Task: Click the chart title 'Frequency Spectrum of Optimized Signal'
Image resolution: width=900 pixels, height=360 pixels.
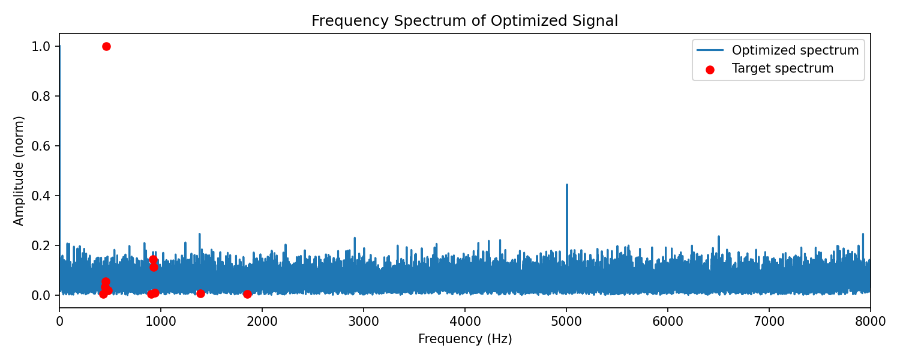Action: [464, 20]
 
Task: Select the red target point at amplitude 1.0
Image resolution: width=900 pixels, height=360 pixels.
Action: [106, 47]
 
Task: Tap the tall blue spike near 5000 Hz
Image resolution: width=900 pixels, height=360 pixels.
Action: [567, 225]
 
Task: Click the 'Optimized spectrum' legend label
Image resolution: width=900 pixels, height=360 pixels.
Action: [795, 50]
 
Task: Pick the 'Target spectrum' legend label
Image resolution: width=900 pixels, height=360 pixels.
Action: [782, 68]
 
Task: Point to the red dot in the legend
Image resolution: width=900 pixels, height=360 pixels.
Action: [710, 70]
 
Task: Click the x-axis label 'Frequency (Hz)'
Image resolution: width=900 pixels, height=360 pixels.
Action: [465, 339]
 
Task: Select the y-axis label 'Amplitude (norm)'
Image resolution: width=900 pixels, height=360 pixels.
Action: [19, 171]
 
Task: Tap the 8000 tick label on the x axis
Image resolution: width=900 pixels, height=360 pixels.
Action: [870, 322]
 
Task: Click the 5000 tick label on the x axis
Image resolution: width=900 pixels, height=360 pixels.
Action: [566, 322]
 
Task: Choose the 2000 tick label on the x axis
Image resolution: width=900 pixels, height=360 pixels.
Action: [262, 322]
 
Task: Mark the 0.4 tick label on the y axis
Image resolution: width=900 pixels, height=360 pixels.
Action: [41, 196]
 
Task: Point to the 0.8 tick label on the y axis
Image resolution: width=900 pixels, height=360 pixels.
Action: [41, 96]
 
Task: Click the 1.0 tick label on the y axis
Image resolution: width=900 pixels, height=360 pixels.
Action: [41, 47]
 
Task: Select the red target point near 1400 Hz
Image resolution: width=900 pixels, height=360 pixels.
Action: [200, 294]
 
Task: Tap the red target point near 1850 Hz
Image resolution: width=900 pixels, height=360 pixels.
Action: [247, 294]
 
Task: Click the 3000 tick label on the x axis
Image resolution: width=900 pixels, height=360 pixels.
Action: [364, 322]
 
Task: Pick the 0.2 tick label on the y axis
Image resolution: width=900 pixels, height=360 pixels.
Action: [41, 245]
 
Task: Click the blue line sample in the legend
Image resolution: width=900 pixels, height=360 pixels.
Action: [710, 50]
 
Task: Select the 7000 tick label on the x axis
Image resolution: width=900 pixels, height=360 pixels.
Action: [769, 322]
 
